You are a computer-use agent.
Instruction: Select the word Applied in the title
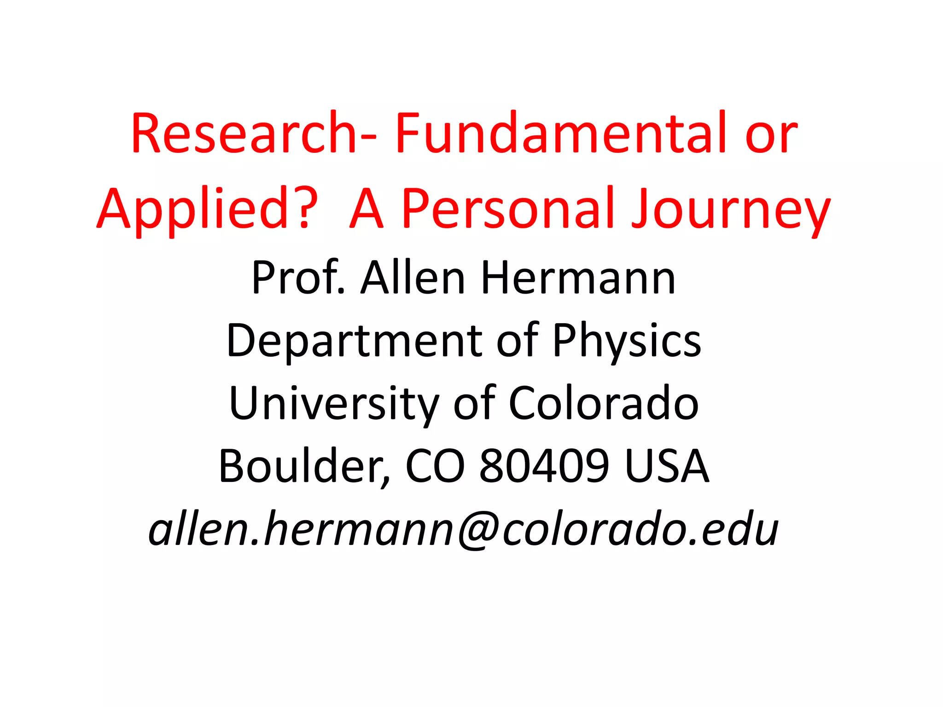click(193, 209)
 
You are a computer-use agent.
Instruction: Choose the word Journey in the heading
click(730, 209)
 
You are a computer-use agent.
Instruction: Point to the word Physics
click(627, 341)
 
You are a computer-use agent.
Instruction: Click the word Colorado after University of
click(604, 403)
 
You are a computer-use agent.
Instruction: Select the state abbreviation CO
click(435, 466)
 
